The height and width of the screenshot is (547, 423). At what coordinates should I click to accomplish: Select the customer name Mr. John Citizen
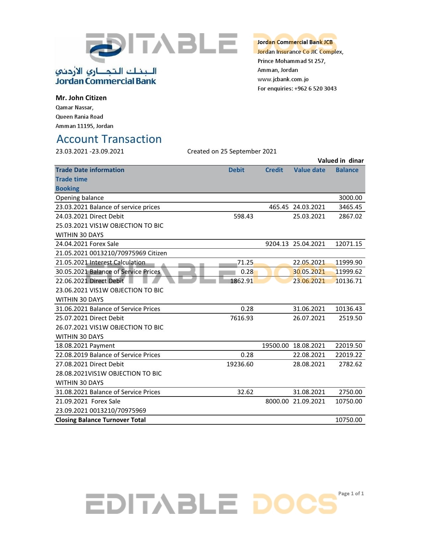pos(81,98)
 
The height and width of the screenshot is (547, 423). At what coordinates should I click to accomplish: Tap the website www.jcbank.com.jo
pos(283,79)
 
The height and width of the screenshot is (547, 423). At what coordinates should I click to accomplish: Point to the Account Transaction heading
pos(109,139)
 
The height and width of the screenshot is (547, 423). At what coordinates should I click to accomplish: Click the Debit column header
pos(236,170)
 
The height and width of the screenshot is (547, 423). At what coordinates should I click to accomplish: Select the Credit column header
pos(274,170)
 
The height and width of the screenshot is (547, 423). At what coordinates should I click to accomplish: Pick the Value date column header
pos(309,170)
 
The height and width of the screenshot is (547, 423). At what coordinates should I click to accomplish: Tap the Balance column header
pos(347,170)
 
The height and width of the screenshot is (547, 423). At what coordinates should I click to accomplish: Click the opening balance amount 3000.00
pos(350,198)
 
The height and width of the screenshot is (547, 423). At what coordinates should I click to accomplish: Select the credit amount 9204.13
pos(277,244)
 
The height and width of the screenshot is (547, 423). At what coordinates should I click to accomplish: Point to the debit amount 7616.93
pos(242,318)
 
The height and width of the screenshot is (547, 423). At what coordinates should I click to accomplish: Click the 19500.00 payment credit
pos(275,346)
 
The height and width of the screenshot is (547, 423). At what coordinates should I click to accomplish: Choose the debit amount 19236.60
pos(240,364)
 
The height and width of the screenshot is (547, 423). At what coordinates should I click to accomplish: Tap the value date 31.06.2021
pos(309,309)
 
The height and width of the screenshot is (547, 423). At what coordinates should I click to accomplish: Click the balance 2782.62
pos(350,364)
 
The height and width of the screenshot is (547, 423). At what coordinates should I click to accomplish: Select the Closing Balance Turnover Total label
pos(101,420)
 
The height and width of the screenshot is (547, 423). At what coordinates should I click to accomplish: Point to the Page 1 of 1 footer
pos(351,494)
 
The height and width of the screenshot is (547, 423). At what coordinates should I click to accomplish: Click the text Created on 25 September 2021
pos(232,152)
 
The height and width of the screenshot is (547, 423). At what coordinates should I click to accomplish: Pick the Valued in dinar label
pos(340,161)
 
